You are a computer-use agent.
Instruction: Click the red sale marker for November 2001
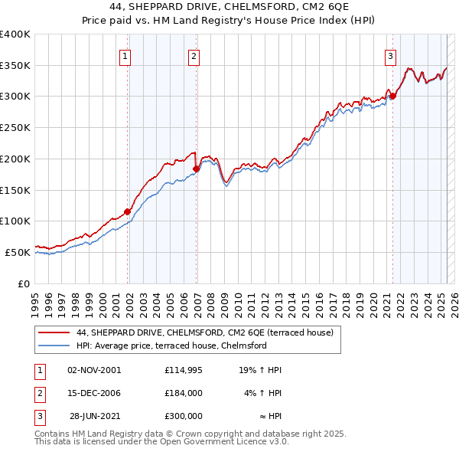(x=127, y=211)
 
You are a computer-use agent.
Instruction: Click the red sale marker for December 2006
(x=197, y=169)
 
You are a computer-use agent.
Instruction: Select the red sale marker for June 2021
(x=392, y=96)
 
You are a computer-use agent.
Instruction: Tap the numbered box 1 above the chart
(x=125, y=55)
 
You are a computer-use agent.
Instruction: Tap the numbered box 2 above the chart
(x=194, y=55)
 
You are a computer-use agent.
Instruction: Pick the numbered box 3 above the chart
(x=390, y=55)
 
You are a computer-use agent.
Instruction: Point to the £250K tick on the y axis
(x=15, y=127)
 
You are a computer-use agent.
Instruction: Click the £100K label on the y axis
(x=15, y=221)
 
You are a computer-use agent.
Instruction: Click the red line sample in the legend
(x=54, y=333)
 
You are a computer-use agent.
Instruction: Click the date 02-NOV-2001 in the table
(x=94, y=370)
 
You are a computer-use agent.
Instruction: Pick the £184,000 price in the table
(x=184, y=393)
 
